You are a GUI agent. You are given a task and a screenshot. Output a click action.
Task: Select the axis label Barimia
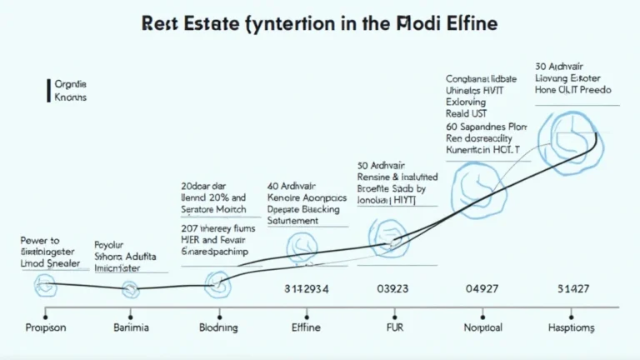pos(130,328)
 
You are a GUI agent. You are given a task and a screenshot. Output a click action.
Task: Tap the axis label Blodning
pos(219,328)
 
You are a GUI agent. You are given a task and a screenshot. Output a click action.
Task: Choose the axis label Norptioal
pos(483,328)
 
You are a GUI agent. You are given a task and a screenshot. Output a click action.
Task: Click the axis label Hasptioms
pos(572,328)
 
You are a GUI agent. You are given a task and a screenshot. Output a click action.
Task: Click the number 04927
pos(482,289)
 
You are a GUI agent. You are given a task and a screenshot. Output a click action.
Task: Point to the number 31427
pos(572,289)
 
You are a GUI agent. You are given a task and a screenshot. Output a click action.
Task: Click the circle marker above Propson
pos(45,287)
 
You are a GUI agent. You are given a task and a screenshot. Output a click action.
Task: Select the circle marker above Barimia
pos(131,289)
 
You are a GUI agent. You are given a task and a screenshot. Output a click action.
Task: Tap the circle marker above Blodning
pos(218,286)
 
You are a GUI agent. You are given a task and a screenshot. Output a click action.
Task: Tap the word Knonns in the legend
pos(70,97)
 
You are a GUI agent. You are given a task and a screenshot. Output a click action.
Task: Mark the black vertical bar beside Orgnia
pos(47,91)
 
